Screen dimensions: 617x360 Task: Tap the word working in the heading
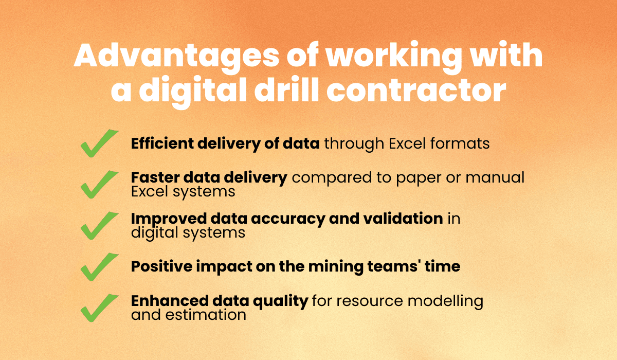click(394, 57)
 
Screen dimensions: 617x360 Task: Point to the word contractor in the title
click(416, 91)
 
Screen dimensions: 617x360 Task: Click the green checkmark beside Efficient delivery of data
click(99, 143)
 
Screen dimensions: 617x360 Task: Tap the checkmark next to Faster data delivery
click(99, 185)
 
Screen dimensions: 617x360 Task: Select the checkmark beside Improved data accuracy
click(99, 226)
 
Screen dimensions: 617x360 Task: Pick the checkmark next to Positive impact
click(99, 266)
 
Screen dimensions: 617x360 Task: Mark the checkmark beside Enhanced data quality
click(99, 308)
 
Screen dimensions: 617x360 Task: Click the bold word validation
click(403, 219)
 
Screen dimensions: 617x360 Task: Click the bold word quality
click(281, 301)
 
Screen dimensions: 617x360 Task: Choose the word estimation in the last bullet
click(206, 315)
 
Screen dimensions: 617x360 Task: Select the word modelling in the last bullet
click(445, 301)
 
